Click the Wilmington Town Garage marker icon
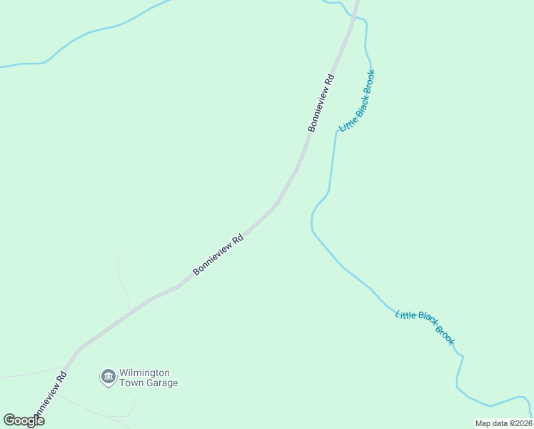pyautogui.click(x=108, y=376)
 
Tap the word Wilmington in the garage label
pyautogui.click(x=144, y=373)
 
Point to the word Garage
pyautogui.click(x=162, y=383)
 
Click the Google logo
pyautogui.click(x=24, y=420)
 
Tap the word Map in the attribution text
pyautogui.click(x=483, y=423)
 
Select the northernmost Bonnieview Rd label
pyautogui.click(x=321, y=102)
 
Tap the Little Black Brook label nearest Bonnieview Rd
pyautogui.click(x=357, y=101)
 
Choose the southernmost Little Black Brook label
pyautogui.click(x=425, y=327)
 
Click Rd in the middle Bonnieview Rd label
pyautogui.click(x=238, y=240)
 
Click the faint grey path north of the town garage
pyautogui.click(x=123, y=282)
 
